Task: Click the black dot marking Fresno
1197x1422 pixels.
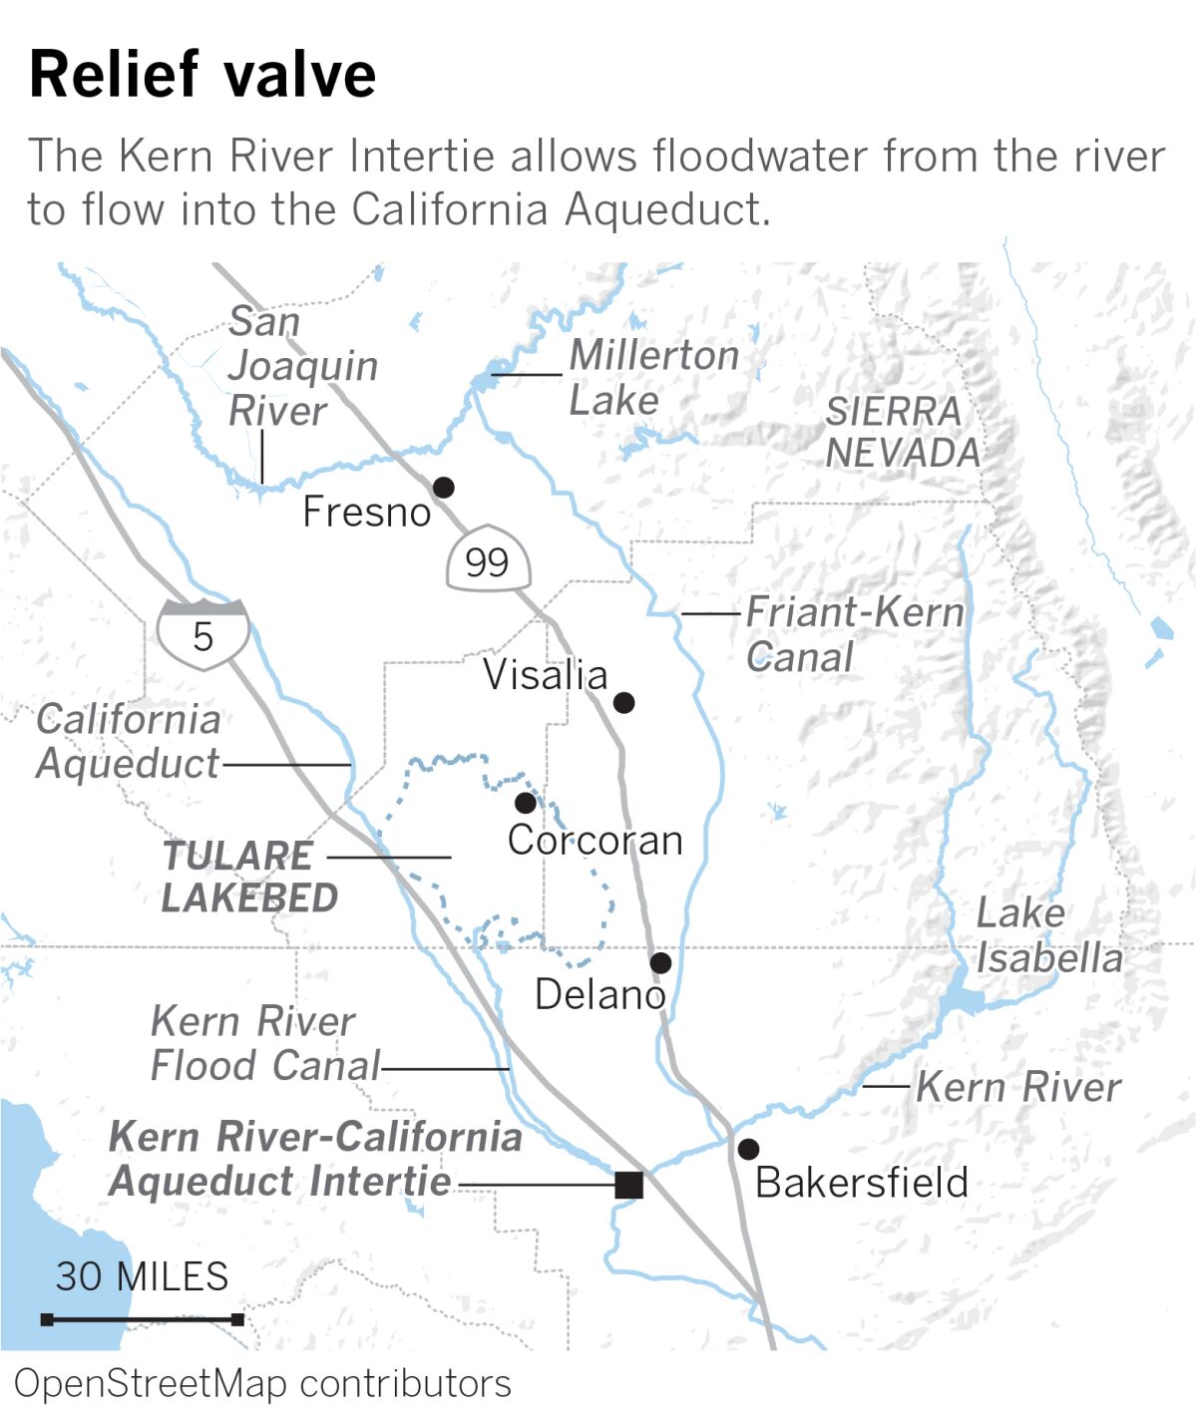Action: (x=443, y=487)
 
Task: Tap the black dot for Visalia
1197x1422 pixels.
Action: (x=623, y=702)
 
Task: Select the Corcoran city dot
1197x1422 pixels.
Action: (x=526, y=803)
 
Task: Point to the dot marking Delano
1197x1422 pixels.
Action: (x=660, y=962)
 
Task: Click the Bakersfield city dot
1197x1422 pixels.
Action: (x=748, y=1149)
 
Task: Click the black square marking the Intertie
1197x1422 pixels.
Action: (x=628, y=1185)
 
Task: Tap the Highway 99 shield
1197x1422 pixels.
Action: (x=487, y=559)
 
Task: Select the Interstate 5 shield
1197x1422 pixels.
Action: (x=202, y=634)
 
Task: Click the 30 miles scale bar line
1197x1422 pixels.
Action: (x=143, y=1319)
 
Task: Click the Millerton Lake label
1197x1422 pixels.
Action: (x=653, y=378)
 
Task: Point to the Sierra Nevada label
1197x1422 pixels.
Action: (x=903, y=432)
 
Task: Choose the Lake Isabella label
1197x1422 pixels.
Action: (x=1048, y=935)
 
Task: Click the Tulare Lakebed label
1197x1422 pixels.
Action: (x=248, y=877)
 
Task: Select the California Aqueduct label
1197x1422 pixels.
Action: (x=128, y=741)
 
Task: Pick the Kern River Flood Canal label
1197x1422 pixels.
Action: (x=264, y=1043)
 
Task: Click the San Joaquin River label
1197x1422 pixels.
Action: (x=302, y=366)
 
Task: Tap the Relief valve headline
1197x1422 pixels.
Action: (x=202, y=74)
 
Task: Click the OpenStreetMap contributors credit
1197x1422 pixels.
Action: (x=262, y=1384)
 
